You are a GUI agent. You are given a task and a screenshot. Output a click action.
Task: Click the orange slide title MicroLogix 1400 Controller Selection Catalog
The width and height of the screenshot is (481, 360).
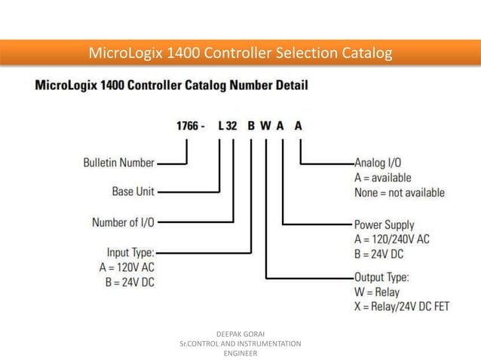tap(240, 54)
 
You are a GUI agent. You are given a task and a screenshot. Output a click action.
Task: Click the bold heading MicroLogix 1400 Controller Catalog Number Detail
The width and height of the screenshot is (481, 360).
tap(172, 85)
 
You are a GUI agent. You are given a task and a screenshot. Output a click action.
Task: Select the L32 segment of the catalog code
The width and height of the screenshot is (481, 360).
tap(228, 127)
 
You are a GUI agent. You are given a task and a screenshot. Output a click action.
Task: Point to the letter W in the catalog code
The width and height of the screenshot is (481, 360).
tap(265, 127)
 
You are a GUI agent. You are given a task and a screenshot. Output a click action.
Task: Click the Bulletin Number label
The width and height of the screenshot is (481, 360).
tap(119, 162)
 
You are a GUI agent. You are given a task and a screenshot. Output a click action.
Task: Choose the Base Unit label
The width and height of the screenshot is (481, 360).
tap(133, 191)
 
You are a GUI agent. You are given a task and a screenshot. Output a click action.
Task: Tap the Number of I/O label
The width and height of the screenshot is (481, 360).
tap(124, 222)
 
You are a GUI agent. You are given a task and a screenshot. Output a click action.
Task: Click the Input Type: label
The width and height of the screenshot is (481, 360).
tap(126, 252)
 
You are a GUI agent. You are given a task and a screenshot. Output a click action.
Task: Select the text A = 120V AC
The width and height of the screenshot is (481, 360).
tap(126, 267)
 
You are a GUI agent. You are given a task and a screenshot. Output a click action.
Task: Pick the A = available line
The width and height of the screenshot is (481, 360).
tap(383, 178)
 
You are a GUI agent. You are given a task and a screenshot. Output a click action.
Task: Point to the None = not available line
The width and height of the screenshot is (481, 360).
tap(400, 193)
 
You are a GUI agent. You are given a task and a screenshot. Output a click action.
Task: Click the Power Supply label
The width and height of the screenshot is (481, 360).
tap(384, 224)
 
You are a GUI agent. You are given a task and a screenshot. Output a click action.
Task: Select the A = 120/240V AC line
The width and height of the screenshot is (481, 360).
tap(392, 239)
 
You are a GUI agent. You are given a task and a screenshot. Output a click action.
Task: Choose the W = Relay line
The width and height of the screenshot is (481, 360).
tap(377, 291)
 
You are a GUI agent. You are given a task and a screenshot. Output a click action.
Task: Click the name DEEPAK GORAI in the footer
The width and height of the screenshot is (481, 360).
tap(240, 332)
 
